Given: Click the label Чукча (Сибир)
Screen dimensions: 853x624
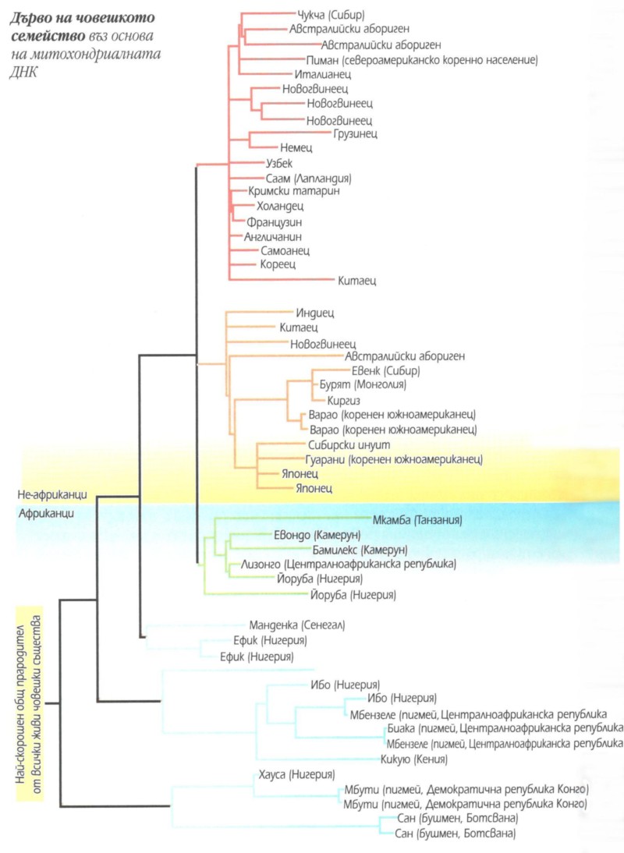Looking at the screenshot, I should tap(331, 15).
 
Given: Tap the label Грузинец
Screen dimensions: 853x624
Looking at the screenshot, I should tap(356, 133).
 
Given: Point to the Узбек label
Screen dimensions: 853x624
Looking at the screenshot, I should tap(278, 162).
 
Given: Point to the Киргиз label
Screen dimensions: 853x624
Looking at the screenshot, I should tap(331, 399).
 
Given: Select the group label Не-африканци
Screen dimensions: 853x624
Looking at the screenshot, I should tap(52, 494).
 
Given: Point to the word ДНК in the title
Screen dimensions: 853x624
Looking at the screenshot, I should tap(30, 70).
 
